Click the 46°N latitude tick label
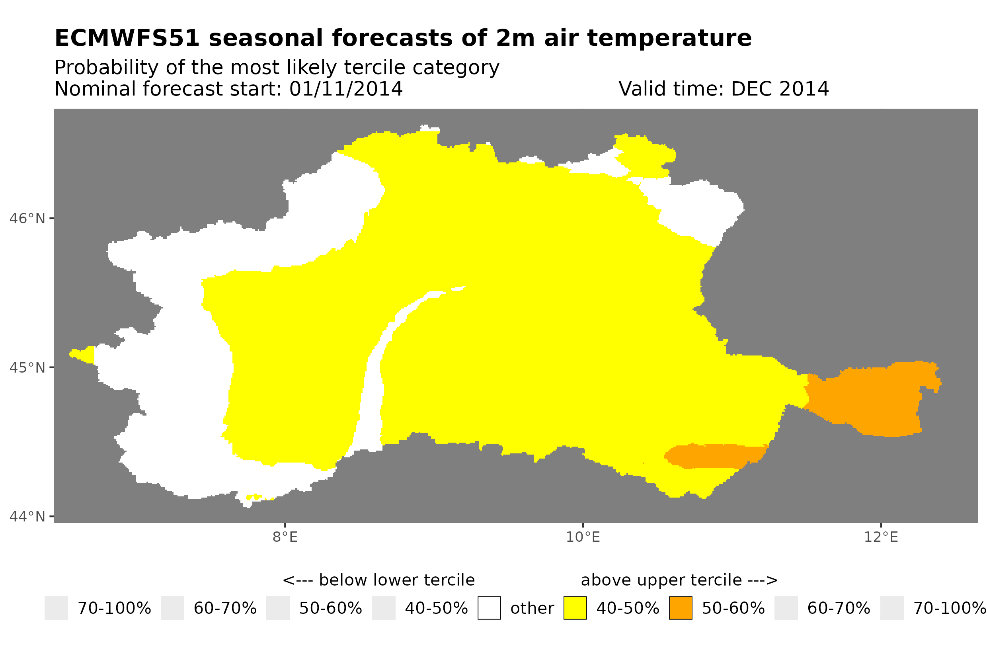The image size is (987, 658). click(x=27, y=219)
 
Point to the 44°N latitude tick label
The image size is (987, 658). click(x=27, y=517)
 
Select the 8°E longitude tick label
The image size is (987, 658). click(x=285, y=537)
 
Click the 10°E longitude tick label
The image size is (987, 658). click(x=583, y=537)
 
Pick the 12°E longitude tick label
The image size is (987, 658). click(x=881, y=537)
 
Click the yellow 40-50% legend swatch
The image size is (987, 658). click(x=575, y=608)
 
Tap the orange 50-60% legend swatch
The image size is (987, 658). click(x=681, y=608)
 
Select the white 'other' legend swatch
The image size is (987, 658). click(x=489, y=608)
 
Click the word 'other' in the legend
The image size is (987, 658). click(x=532, y=609)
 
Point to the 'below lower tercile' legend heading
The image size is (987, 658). click(x=378, y=580)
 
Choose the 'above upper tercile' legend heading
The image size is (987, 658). click(x=679, y=580)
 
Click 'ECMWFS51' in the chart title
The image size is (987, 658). click(x=127, y=38)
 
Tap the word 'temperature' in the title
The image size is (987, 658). click(x=669, y=38)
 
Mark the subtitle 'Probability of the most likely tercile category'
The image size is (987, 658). click(x=277, y=68)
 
